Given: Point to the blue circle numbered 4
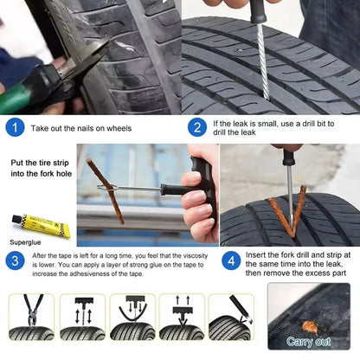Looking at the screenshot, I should point(232,260).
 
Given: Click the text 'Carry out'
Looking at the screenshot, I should point(309,342).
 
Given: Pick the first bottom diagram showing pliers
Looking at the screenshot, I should point(30,317).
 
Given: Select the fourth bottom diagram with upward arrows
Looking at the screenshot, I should point(182,317).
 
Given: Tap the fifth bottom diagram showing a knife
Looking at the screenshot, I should point(231,317).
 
